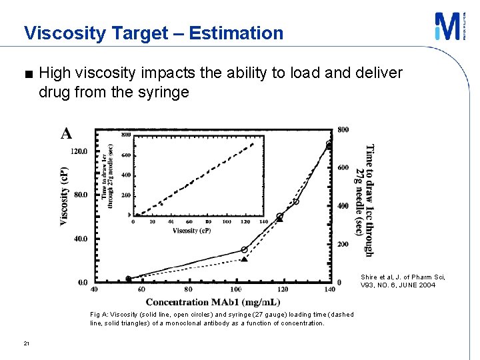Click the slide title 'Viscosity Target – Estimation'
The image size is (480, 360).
pos(153,33)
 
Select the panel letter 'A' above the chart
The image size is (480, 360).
pos(67,133)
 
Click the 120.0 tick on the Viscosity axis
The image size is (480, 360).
pos(79,151)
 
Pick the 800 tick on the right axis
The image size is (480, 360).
pos(343,129)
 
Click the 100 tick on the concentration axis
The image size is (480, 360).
pos(236,290)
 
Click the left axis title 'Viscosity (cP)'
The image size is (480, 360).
pos(65,196)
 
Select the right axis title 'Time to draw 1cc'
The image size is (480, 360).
pos(369,199)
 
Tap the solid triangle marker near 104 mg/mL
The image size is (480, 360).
pos(244,259)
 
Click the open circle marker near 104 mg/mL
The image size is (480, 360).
pos(244,249)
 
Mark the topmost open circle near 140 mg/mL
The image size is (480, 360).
pos(329,144)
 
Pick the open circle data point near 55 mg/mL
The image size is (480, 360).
pos(129,279)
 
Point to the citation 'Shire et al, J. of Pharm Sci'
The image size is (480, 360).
pos(403,277)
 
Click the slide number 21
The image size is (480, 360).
pos(26,343)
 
